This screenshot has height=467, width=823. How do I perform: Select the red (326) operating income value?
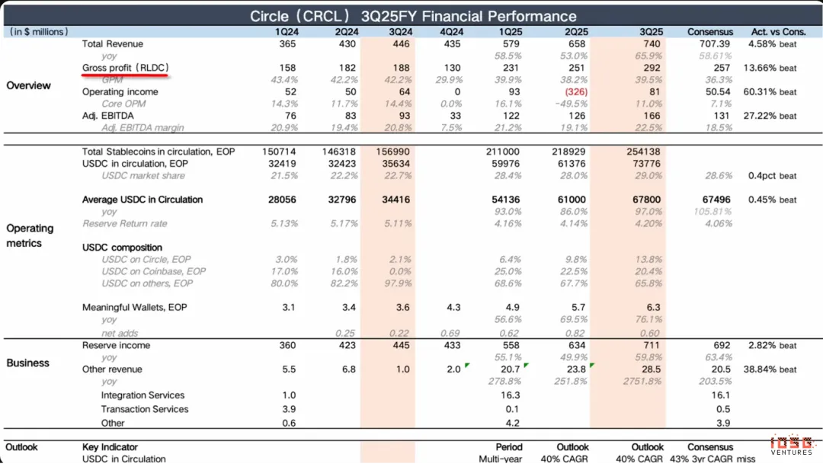pyautogui.click(x=576, y=91)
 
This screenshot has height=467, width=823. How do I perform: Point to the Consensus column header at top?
pyautogui.click(x=710, y=31)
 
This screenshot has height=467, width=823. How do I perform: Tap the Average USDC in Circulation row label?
pyautogui.click(x=143, y=200)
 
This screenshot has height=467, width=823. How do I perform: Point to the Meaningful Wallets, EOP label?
pyautogui.click(x=135, y=307)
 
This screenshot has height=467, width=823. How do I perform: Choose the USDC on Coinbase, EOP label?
pyautogui.click(x=154, y=271)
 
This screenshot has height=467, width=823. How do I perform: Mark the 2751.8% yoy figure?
pyautogui.click(x=644, y=381)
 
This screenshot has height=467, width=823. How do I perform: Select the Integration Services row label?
pyautogui.click(x=143, y=395)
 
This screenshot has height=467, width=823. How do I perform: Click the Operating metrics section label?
pyautogui.click(x=30, y=235)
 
